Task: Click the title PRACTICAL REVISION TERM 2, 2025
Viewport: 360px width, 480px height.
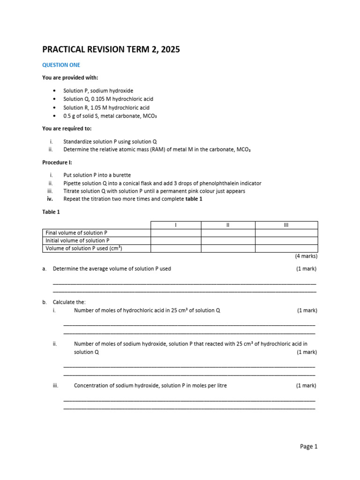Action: click(111, 49)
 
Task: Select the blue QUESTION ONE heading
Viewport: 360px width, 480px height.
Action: click(61, 65)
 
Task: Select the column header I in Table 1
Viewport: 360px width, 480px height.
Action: click(176, 225)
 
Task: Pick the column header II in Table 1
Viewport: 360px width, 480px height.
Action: click(228, 225)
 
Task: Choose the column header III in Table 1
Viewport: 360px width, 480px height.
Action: click(286, 225)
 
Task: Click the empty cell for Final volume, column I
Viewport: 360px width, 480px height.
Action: click(176, 232)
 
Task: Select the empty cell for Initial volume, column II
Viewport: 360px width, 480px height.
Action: click(228, 240)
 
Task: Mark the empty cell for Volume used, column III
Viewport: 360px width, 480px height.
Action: click(286, 248)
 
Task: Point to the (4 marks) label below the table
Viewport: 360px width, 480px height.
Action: click(306, 256)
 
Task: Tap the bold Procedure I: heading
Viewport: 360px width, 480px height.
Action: click(57, 162)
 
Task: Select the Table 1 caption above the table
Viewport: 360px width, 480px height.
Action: click(51, 212)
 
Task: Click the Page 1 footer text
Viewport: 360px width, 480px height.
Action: click(308, 446)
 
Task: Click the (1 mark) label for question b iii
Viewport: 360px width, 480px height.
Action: click(306, 386)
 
